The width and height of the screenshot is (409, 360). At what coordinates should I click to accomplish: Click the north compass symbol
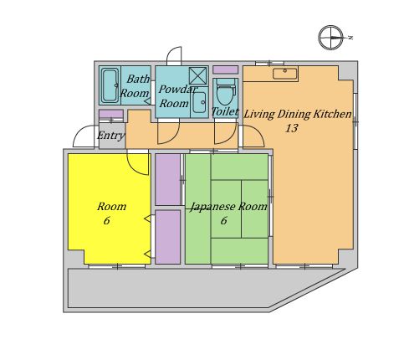pos(331,38)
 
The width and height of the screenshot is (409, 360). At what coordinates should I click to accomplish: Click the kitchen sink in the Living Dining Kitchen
pos(285,73)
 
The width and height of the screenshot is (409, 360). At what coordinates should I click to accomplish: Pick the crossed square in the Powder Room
pos(197,75)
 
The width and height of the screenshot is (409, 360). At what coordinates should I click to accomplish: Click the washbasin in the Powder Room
pos(199,102)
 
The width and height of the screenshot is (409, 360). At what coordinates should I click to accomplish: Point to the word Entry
pos(111,135)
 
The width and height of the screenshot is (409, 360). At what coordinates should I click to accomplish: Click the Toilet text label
pos(224,111)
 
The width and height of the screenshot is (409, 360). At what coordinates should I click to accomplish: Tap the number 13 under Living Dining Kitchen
pos(291,128)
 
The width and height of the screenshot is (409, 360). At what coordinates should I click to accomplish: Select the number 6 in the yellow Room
pos(106,221)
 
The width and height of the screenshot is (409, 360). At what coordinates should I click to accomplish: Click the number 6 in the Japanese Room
pos(223,221)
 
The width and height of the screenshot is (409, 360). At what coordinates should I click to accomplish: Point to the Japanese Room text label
pos(228,207)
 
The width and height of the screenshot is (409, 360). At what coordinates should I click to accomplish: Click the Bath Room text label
pos(135,86)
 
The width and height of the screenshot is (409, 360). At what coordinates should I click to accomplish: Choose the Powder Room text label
pos(175,96)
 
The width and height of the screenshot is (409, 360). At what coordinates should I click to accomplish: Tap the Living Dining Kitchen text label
pos(297,114)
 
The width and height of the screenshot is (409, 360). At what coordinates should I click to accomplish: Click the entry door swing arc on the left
pos(84,136)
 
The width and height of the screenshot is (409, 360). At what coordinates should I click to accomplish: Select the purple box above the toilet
pos(225,69)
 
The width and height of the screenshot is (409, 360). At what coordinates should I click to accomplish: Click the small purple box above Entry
pos(110,115)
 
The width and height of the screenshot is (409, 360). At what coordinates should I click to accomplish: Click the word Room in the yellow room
pos(111,206)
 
